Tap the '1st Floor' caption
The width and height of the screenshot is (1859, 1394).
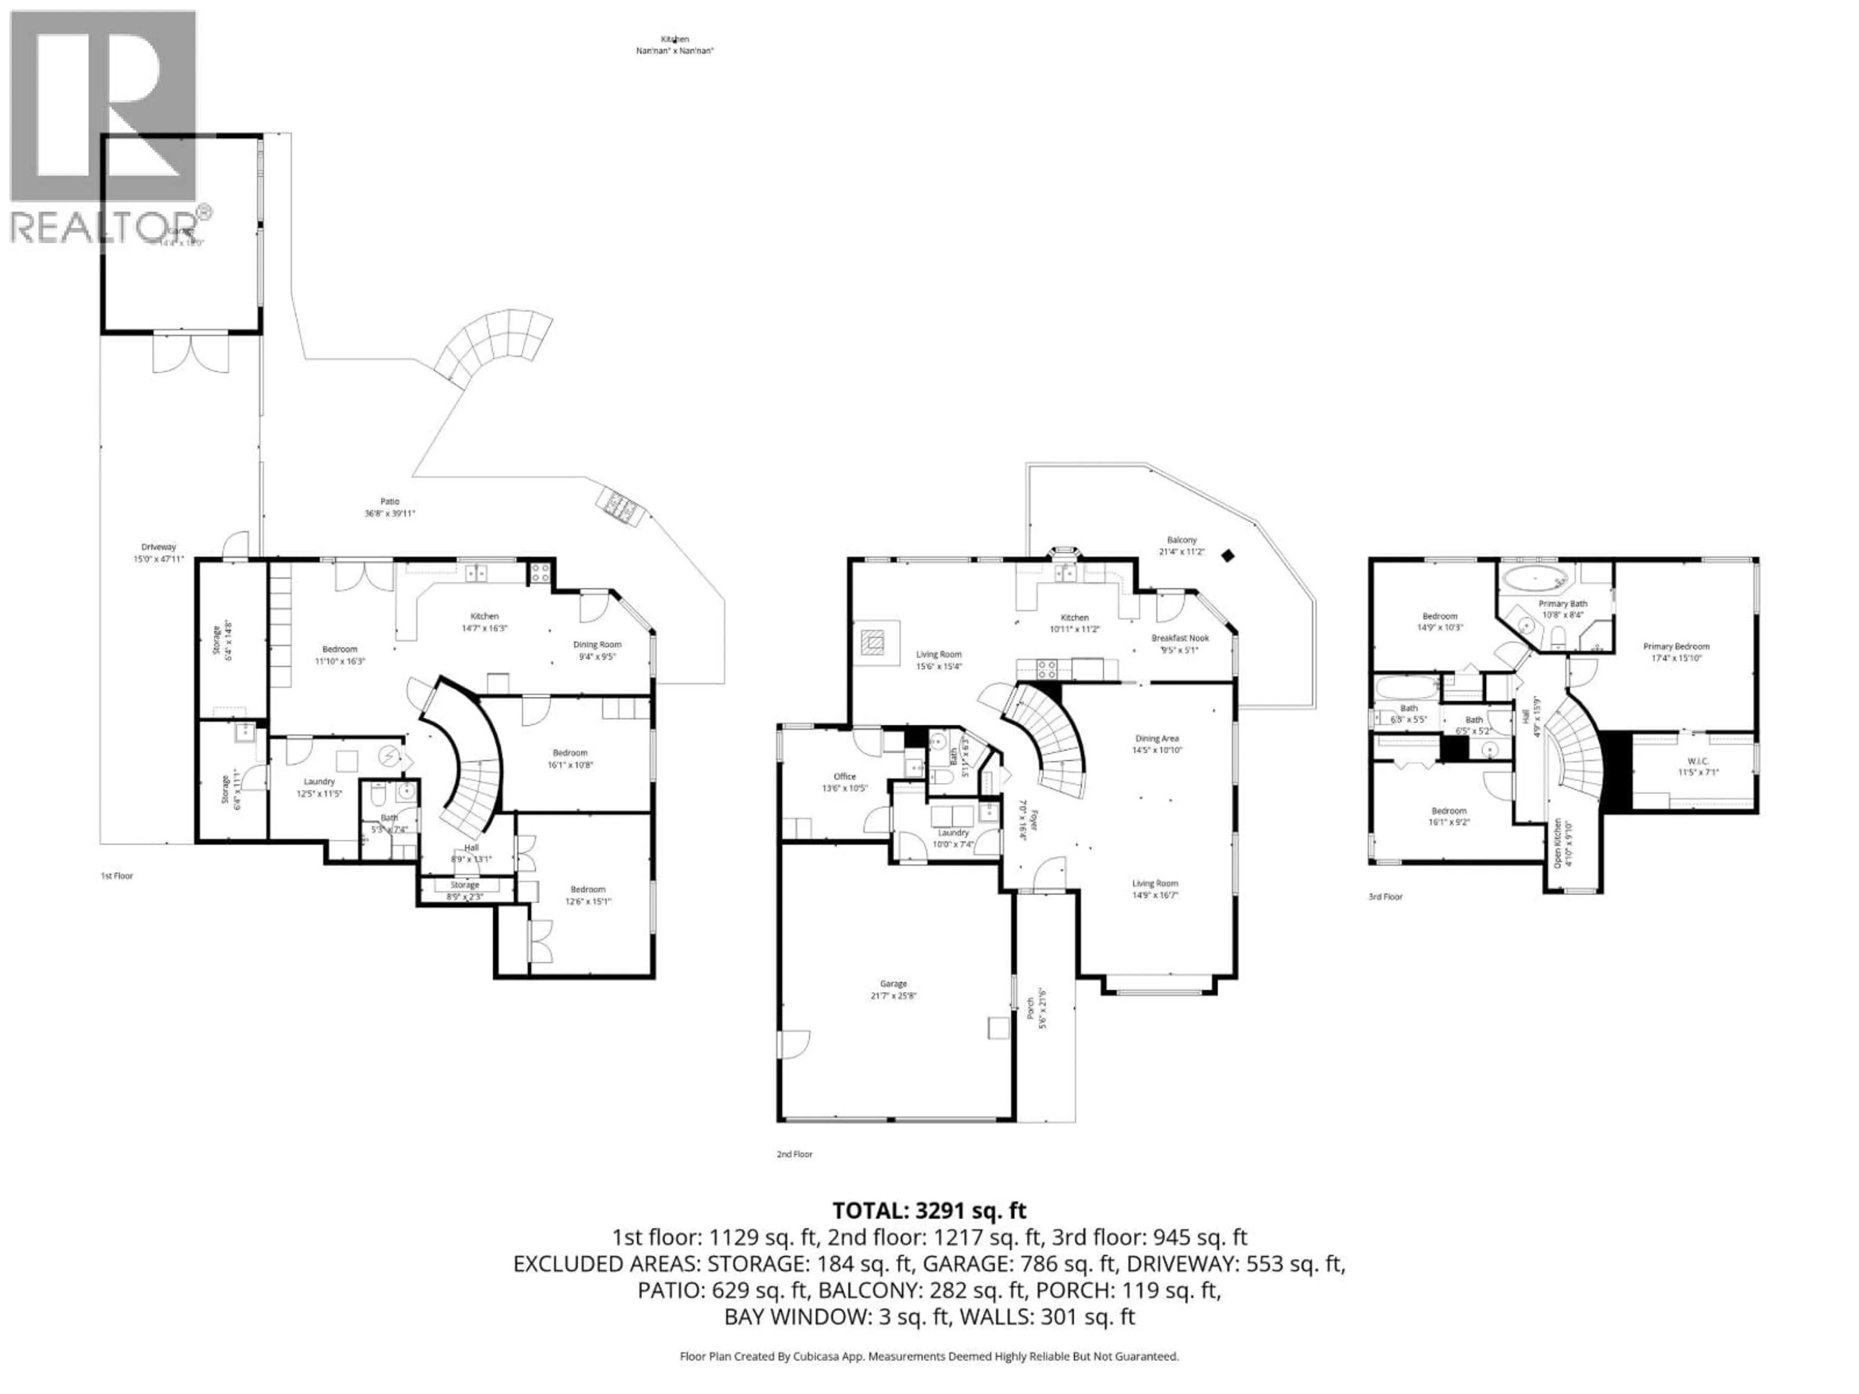coord(117,876)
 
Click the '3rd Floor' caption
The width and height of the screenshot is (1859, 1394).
coord(1385,896)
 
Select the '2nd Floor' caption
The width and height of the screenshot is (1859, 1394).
coord(794,1154)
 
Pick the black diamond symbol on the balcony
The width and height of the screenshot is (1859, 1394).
coord(1228,555)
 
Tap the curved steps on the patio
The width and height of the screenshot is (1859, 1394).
coord(496,345)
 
